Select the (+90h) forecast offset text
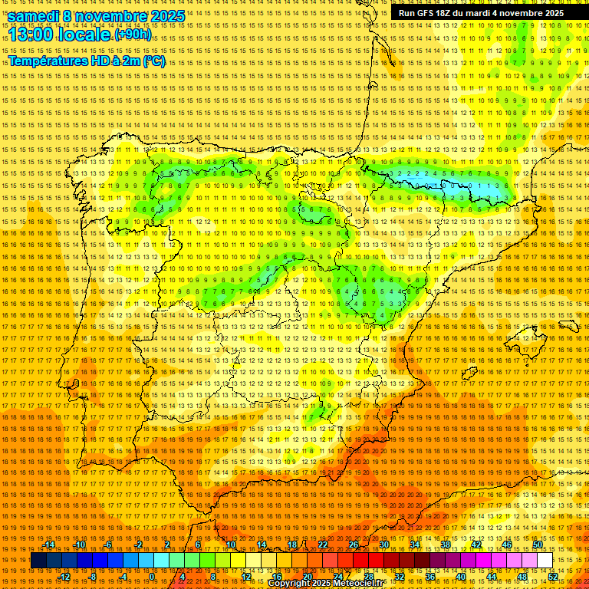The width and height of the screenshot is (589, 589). point(133,35)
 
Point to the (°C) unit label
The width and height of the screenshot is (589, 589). point(153,61)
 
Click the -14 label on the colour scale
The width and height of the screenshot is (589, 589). point(50,545)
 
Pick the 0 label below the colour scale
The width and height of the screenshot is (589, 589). point(152,577)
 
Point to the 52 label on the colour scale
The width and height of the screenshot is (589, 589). point(552,577)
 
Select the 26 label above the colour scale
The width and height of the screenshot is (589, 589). point(354,545)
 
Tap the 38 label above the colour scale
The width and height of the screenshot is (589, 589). point(446,545)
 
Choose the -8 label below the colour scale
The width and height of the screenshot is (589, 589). point(94,577)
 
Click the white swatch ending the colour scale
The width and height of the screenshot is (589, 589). point(545,561)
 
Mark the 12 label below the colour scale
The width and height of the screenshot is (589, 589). point(246,577)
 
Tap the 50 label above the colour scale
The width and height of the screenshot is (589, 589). point(538,545)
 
